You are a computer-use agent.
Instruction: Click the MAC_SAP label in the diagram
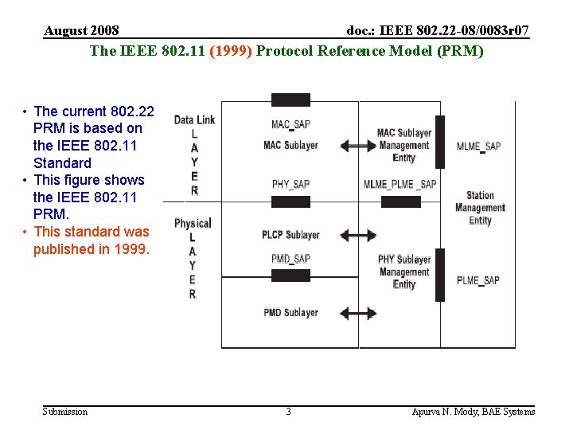click(290, 125)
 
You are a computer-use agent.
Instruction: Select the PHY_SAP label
click(290, 185)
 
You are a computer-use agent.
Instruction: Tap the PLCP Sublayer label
click(290, 235)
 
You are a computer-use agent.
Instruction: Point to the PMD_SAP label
click(290, 259)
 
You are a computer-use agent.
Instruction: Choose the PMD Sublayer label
click(290, 313)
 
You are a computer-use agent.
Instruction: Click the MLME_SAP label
click(478, 147)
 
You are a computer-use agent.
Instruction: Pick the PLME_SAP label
click(478, 280)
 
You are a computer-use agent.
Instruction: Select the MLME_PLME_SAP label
click(400, 185)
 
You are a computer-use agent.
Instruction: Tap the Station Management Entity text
click(480, 208)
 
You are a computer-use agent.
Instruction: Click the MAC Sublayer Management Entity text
click(404, 145)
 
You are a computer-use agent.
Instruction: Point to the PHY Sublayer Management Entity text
click(404, 272)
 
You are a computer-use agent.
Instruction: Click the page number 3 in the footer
click(288, 412)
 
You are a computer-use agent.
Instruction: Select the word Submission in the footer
click(64, 412)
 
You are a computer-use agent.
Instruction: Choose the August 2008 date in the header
click(81, 31)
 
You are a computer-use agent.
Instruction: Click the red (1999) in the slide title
click(231, 51)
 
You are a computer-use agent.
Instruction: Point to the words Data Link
click(194, 120)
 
